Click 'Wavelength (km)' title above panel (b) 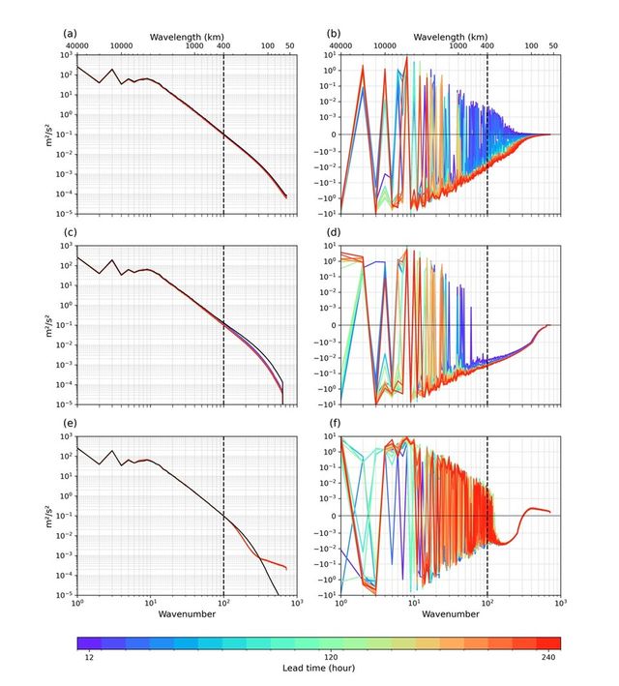pyautogui.click(x=450, y=36)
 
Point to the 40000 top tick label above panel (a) pyautogui.click(x=78, y=45)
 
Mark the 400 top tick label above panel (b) pyautogui.click(x=486, y=45)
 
